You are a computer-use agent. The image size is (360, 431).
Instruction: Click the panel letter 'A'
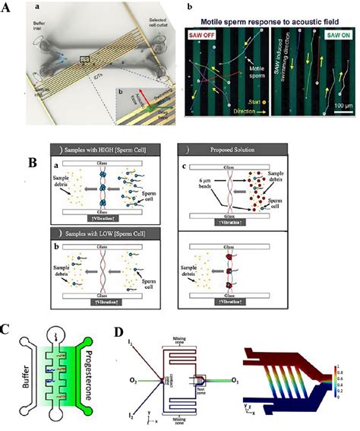point(7,10)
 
